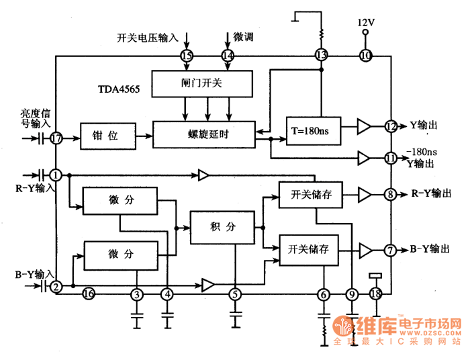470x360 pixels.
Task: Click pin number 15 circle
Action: point(187,56)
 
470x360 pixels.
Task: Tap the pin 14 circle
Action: point(228,56)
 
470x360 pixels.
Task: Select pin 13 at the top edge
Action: point(321,56)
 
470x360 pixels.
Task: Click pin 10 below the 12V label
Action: point(365,56)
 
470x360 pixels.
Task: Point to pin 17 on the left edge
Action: point(56,138)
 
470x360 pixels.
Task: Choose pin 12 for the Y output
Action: point(391,126)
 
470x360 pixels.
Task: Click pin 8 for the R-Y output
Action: point(390,195)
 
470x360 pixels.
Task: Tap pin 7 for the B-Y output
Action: point(390,251)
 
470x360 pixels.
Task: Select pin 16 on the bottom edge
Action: point(88,294)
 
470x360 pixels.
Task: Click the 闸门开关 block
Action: point(202,83)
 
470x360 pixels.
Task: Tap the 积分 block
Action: point(222,228)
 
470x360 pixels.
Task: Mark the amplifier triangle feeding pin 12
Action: point(363,126)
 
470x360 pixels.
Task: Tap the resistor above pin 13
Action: point(321,32)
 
